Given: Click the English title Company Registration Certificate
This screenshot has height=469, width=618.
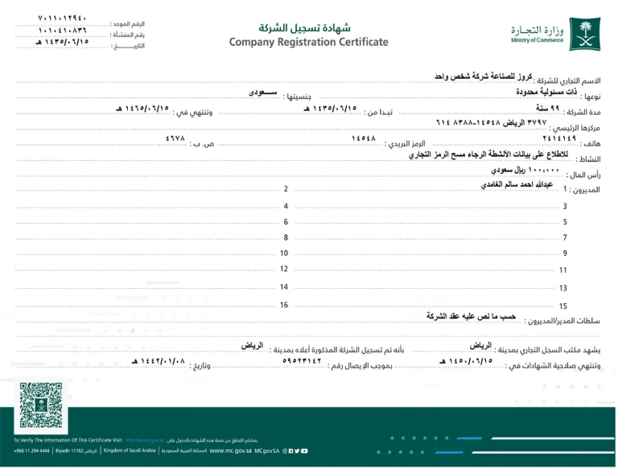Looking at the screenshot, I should [x=308, y=42].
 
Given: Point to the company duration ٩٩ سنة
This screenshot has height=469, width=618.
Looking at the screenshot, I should [x=543, y=108].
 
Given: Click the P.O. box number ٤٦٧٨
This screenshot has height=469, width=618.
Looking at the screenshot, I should [x=177, y=139].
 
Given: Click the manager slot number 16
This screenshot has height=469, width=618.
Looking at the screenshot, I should [x=284, y=305].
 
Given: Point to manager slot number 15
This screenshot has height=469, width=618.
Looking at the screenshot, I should [x=563, y=306].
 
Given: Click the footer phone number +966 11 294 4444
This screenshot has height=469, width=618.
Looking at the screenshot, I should [x=32, y=451].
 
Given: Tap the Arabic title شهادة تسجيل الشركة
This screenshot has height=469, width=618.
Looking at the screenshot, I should [x=308, y=27].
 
